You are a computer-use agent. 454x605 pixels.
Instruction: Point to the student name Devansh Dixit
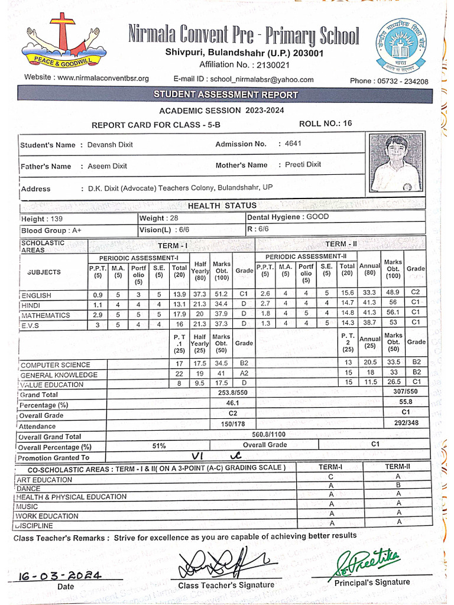(110, 145)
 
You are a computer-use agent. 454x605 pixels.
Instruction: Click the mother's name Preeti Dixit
(303, 165)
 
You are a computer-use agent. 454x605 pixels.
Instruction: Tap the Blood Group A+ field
(53, 230)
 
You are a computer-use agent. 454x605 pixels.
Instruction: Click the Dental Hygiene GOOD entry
(288, 217)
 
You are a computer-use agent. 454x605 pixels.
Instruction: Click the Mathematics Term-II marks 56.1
(393, 313)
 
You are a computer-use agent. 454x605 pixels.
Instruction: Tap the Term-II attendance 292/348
(406, 423)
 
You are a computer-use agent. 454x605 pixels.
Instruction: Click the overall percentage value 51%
(158, 445)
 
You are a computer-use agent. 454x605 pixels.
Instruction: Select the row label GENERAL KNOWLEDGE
(59, 375)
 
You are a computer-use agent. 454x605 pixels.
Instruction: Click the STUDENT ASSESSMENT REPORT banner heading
(226, 95)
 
